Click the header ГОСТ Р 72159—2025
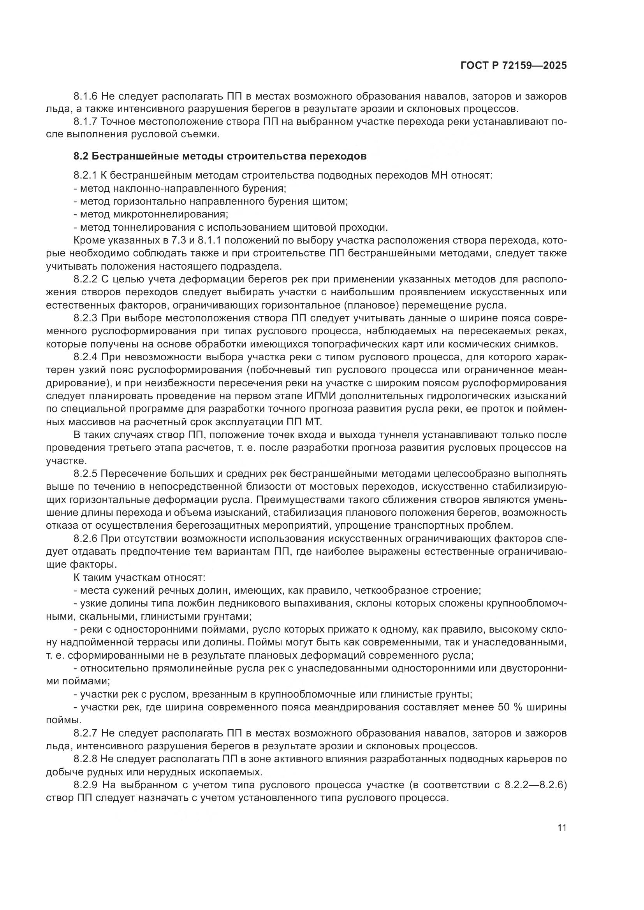(514, 66)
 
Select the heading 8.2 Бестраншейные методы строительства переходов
(220, 156)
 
